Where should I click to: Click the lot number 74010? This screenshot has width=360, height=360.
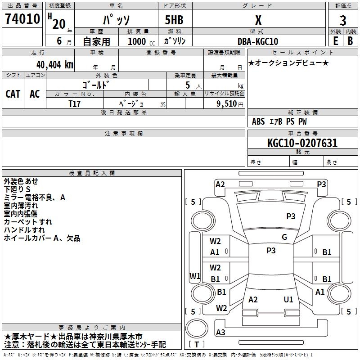[x=22, y=19]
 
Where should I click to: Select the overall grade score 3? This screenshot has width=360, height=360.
[x=343, y=21]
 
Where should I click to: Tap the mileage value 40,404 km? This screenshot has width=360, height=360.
[x=54, y=65]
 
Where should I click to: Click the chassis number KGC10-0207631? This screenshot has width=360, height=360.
[x=302, y=143]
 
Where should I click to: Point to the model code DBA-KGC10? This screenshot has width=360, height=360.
[x=258, y=41]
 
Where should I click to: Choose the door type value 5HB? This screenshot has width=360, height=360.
[x=174, y=20]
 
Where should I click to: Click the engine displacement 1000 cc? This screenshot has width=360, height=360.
[x=141, y=41]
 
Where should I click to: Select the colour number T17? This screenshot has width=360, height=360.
[x=74, y=104]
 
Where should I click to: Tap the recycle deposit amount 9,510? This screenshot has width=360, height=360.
[x=226, y=104]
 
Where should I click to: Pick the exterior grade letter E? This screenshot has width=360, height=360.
[x=335, y=41]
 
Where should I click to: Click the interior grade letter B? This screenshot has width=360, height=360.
[x=350, y=41]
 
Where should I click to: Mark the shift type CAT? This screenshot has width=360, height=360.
[x=13, y=94]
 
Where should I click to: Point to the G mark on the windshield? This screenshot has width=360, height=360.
[x=284, y=237]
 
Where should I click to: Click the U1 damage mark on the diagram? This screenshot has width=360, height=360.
[x=288, y=299]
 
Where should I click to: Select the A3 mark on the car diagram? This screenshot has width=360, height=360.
[x=220, y=332]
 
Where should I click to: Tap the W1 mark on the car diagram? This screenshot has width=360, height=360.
[x=195, y=276]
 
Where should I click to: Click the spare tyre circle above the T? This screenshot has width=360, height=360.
[x=197, y=328]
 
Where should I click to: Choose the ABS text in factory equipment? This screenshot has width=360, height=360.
[x=258, y=121]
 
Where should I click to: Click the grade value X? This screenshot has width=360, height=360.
[x=258, y=20]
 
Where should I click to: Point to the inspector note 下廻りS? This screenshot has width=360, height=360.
[x=17, y=189]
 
